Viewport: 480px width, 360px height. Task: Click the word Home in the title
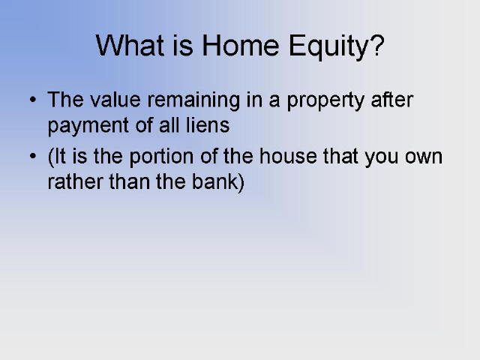[240, 45]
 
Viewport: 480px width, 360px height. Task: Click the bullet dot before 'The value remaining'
[33, 99]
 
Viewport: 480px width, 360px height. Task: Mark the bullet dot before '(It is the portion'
[33, 156]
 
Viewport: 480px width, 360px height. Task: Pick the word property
[325, 102]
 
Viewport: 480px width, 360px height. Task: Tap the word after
[391, 99]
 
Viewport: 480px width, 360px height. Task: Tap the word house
[288, 156]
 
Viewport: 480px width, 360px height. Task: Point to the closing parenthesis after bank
[241, 183]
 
